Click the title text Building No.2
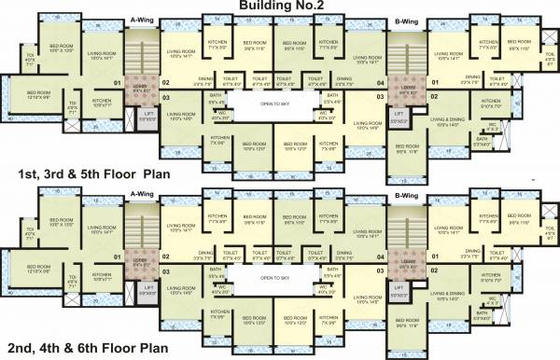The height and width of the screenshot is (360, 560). [280, 7]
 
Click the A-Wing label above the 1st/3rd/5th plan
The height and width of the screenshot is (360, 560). [143, 18]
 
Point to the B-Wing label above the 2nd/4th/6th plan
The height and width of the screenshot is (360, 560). [406, 195]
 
